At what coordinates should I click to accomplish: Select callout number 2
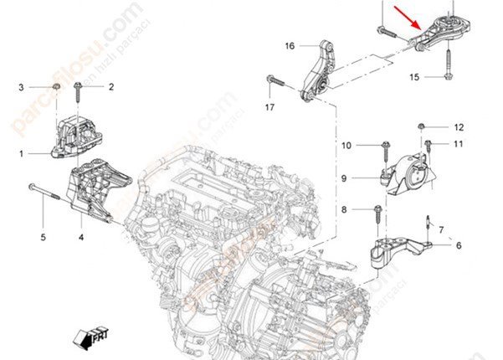[x=110, y=86]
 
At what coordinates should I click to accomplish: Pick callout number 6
[x=459, y=244]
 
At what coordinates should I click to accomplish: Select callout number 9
[x=343, y=177]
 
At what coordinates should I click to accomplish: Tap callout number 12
[x=459, y=127]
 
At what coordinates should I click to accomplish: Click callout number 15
[x=413, y=77]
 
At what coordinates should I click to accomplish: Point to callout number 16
[x=290, y=45]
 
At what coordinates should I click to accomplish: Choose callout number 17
[x=269, y=108]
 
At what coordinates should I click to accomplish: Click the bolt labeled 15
[x=448, y=63]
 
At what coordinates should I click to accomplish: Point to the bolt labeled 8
[x=377, y=211]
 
